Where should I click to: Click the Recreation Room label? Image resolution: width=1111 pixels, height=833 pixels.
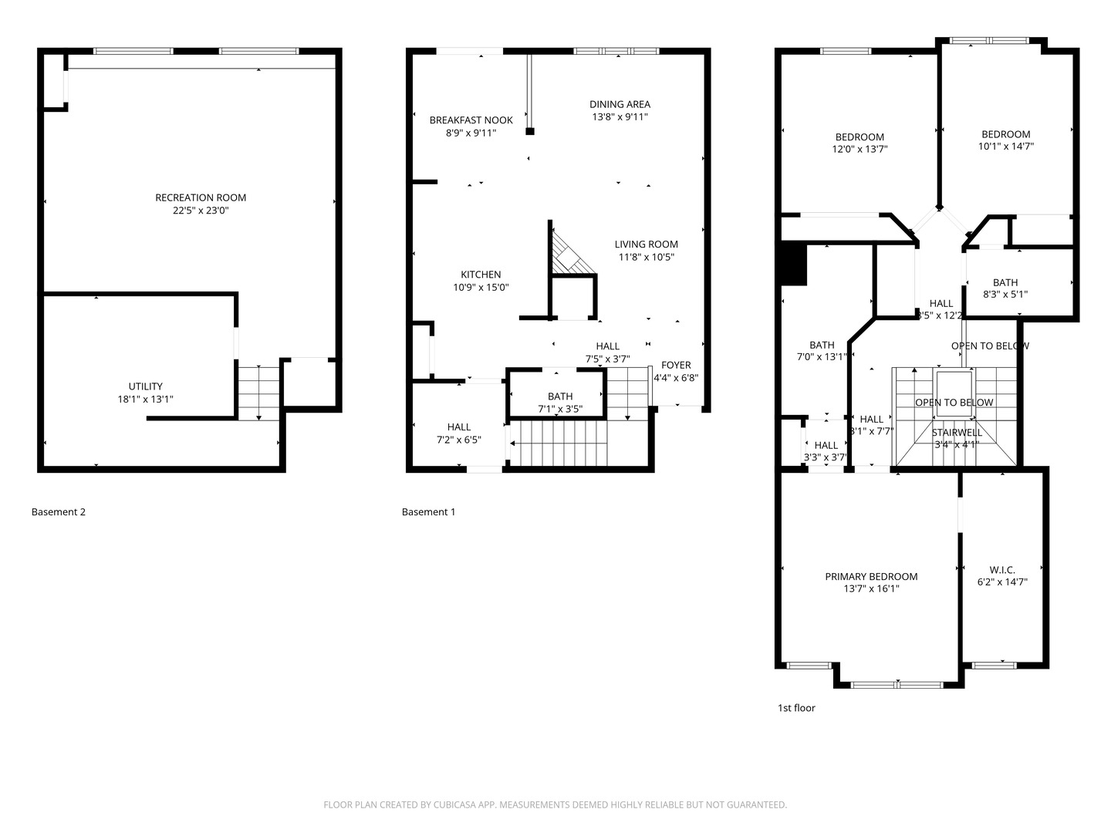(x=201, y=197)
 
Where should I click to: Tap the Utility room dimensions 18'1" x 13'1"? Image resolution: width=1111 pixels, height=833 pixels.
(x=145, y=400)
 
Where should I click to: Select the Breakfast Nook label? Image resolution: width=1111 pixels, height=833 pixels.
(x=471, y=120)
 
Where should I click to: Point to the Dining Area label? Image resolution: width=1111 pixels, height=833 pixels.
(x=620, y=104)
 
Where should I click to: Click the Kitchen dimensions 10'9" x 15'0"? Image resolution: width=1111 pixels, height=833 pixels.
(x=481, y=288)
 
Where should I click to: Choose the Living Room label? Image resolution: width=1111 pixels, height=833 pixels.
(x=646, y=245)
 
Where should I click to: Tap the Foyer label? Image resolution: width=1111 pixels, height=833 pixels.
(x=676, y=365)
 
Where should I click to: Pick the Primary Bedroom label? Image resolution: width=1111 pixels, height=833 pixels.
(x=871, y=576)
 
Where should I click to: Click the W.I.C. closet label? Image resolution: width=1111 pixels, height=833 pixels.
(x=1001, y=570)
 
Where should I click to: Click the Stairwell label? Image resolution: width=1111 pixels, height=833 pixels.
(x=957, y=433)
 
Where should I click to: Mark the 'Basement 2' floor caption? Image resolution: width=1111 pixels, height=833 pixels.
(x=59, y=512)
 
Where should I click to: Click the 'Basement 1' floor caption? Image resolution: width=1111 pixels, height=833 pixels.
(x=428, y=512)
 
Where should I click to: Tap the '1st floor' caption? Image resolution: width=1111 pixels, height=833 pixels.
(x=795, y=708)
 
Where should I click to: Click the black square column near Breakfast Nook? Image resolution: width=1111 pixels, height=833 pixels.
(x=530, y=131)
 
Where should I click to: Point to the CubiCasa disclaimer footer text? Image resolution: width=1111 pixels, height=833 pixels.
(x=555, y=805)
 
